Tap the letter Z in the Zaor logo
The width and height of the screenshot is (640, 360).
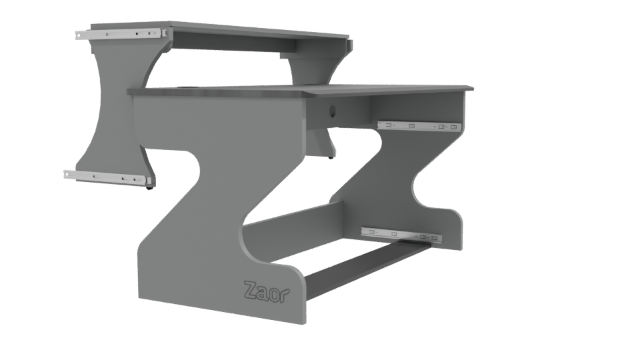251,289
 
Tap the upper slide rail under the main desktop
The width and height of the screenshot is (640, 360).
418,125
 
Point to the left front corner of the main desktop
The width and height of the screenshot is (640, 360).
131,92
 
